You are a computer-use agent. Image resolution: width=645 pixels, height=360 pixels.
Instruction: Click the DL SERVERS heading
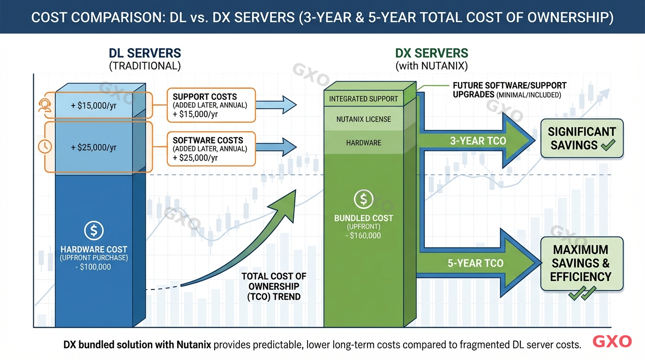click(x=145, y=53)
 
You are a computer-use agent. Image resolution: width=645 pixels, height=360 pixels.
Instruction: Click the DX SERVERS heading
click(x=431, y=53)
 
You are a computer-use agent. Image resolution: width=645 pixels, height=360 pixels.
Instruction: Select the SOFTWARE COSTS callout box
click(x=210, y=149)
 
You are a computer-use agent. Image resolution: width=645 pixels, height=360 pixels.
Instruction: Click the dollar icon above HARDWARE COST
click(x=94, y=231)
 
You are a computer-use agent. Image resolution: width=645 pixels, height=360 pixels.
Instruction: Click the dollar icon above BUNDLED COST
click(x=363, y=199)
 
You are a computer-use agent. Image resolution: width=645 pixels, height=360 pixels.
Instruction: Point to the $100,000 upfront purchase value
click(x=94, y=267)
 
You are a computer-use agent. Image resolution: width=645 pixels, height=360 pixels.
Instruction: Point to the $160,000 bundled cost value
click(x=363, y=235)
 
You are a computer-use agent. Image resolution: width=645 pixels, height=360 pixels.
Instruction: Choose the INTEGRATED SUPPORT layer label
click(x=363, y=99)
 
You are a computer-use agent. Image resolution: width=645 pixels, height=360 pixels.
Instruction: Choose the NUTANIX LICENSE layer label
click(x=363, y=120)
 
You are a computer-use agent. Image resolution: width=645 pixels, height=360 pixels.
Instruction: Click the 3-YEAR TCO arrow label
click(x=478, y=141)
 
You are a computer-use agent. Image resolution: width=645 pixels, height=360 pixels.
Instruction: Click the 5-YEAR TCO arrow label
click(x=475, y=263)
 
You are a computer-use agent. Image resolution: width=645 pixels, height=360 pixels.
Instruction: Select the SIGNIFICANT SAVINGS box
click(x=582, y=138)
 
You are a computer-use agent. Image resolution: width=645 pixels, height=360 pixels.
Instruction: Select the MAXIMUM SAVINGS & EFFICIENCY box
click(x=582, y=263)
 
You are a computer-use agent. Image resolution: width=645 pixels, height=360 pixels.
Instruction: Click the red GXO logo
click(x=612, y=342)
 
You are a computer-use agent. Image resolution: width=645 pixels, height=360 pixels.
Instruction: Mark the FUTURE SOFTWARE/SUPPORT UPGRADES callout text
click(x=509, y=90)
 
